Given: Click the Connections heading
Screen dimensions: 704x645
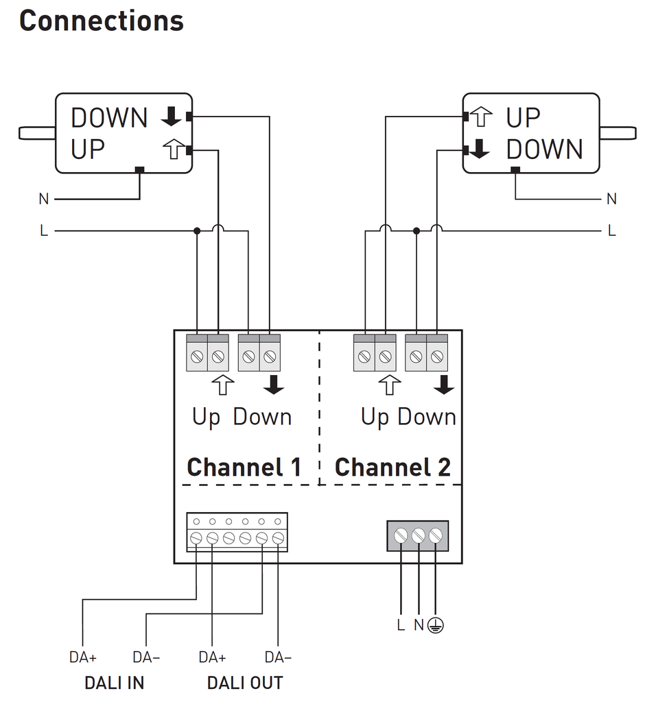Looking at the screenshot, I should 102,21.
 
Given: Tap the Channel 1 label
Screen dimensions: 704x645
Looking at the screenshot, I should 244,468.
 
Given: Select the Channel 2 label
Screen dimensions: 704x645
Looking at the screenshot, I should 392,468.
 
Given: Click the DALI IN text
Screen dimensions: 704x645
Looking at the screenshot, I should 114,683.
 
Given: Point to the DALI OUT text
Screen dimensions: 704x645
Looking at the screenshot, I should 245,683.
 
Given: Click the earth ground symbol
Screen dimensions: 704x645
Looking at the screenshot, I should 435,625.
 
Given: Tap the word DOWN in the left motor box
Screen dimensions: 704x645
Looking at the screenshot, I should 109,118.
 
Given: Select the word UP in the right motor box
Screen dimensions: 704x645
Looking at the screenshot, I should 523,118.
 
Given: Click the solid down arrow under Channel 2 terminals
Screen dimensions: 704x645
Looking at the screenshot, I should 444,385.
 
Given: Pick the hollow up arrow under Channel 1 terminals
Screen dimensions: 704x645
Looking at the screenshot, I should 222,385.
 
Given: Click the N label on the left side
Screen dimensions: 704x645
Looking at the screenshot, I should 44,199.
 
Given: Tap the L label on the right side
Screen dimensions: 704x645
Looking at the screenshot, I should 612,231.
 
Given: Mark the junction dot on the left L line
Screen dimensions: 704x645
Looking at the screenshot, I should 197,231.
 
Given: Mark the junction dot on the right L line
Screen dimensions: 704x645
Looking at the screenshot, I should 417,231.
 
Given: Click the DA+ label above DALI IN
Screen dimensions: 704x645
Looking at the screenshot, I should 83,657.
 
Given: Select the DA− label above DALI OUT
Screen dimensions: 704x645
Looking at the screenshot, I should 278,657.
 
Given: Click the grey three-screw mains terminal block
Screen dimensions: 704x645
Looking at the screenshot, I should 418,535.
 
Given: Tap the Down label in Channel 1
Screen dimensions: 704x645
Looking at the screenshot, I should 263,417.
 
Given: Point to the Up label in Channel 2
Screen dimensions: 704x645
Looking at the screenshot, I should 375,417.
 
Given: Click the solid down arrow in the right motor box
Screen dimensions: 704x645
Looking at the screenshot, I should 480,149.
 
